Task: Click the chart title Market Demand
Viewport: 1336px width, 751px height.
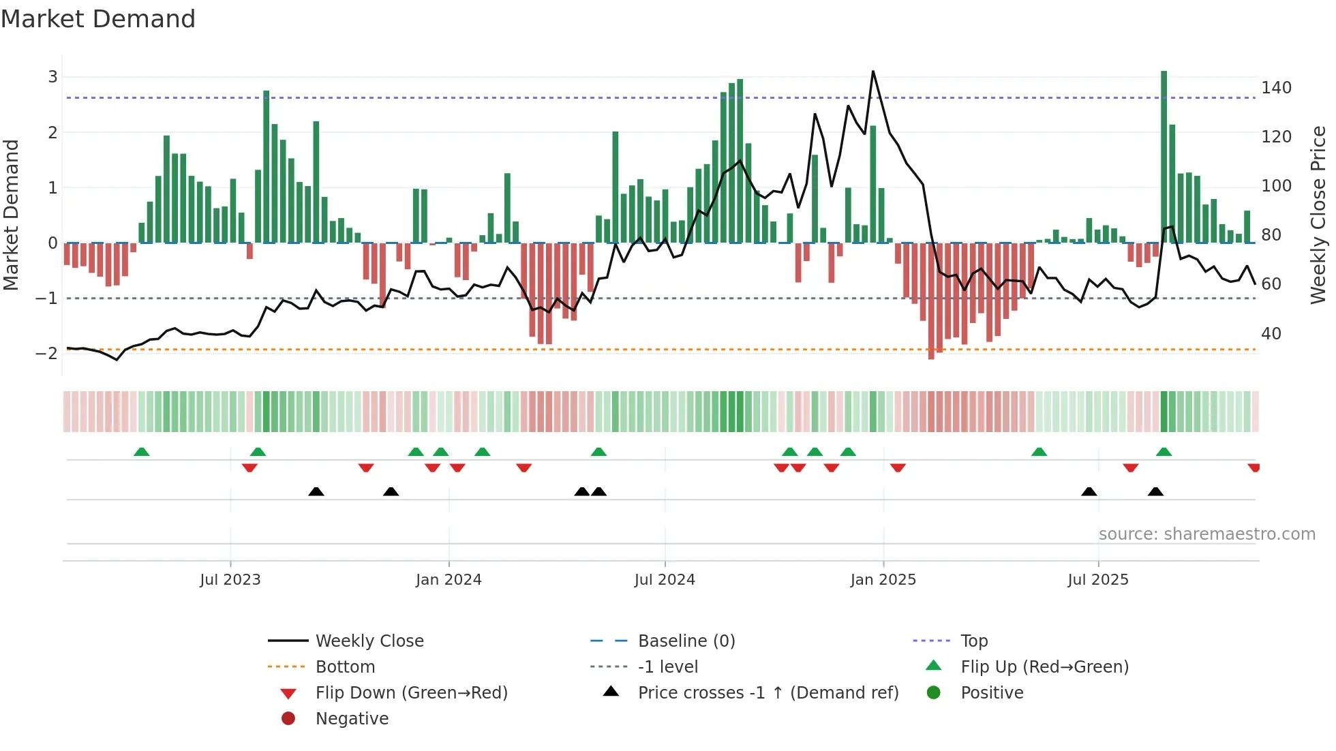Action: pyautogui.click(x=98, y=19)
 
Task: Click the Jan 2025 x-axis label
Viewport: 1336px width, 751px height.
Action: pyautogui.click(x=883, y=580)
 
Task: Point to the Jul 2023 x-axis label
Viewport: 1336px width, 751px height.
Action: pyautogui.click(x=230, y=580)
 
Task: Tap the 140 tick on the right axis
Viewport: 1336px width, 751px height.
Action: pyautogui.click(x=1276, y=88)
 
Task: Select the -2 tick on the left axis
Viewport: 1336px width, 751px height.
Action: pyautogui.click(x=47, y=353)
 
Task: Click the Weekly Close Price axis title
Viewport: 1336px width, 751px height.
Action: pyautogui.click(x=1318, y=215)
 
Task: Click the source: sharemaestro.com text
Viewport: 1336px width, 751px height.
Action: pyautogui.click(x=1206, y=534)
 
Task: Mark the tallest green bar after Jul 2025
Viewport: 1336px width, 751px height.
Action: pyautogui.click(x=1164, y=157)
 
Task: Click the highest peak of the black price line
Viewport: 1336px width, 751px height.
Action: pyautogui.click(x=873, y=72)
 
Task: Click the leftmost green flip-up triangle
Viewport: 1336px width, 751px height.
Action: pyautogui.click(x=142, y=452)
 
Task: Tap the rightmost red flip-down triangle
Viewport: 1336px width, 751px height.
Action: pyautogui.click(x=1254, y=468)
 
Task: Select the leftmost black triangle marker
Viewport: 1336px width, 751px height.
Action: pyautogui.click(x=316, y=491)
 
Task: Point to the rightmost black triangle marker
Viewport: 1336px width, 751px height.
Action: pyautogui.click(x=1155, y=491)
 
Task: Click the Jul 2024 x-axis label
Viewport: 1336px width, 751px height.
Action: pyautogui.click(x=665, y=580)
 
